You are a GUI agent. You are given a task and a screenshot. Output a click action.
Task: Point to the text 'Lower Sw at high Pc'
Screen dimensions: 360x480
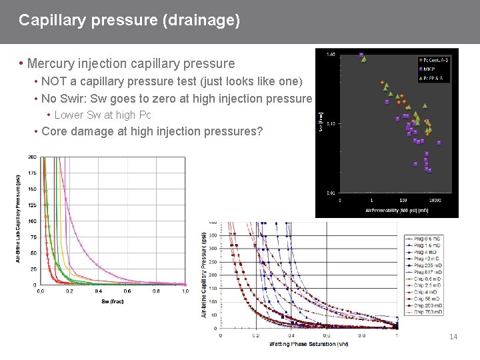coord(103,115)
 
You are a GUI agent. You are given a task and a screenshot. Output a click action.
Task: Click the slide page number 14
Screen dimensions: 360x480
coord(453,337)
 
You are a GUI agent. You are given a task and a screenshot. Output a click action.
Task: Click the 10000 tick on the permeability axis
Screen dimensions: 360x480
coord(435,199)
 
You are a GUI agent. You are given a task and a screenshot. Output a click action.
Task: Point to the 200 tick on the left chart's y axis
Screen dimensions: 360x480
coord(32,157)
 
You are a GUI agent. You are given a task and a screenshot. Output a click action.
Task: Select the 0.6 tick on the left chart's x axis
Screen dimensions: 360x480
coord(127,291)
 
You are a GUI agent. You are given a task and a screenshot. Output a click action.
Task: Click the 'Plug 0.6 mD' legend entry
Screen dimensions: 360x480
coord(427,238)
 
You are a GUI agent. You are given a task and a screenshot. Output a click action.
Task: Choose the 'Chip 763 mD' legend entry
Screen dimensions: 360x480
coord(427,312)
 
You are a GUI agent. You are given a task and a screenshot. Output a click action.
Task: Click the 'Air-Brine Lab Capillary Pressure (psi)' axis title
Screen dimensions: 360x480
coord(19,219)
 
